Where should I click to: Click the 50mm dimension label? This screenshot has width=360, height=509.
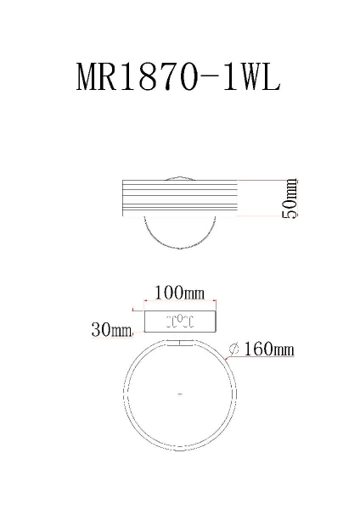(290, 200)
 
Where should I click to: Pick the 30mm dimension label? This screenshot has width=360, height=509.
(111, 330)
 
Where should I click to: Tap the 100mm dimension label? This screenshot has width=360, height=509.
(179, 294)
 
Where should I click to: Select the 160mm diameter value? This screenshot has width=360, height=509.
(269, 349)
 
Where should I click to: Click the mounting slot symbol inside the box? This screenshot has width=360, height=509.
(180, 322)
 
